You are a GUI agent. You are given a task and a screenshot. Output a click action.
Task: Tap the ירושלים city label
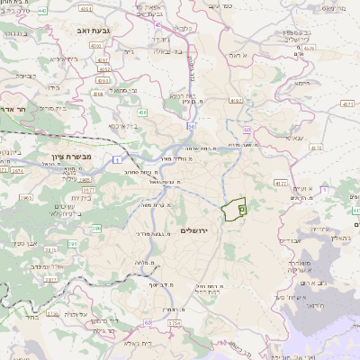pyautogui.click(x=193, y=230)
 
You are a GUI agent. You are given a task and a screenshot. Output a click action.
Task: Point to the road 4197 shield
pyautogui.click(x=236, y=100)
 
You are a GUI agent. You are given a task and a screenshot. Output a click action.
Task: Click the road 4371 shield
pyautogui.click(x=347, y=103)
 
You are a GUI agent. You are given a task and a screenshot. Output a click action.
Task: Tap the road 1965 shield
pyautogui.click(x=26, y=197)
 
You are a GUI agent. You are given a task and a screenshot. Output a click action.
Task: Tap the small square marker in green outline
pyautogui.click(x=242, y=209)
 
